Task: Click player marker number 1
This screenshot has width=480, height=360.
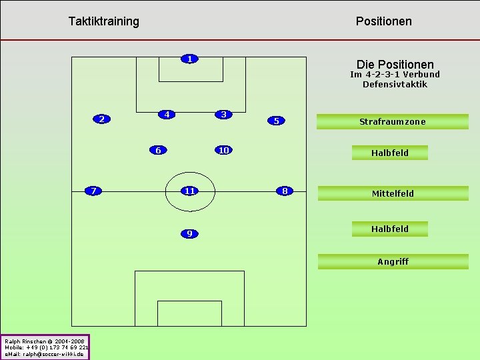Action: click(x=190, y=59)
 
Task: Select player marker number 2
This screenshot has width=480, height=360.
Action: click(x=101, y=119)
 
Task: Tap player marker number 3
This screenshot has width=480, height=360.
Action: click(x=225, y=114)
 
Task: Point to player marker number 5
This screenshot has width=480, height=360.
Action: click(x=276, y=121)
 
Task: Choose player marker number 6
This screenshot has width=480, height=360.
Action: click(x=158, y=150)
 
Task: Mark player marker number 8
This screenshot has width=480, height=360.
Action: click(x=285, y=191)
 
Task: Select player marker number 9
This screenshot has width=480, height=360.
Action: click(x=190, y=233)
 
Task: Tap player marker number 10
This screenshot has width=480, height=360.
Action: click(x=224, y=150)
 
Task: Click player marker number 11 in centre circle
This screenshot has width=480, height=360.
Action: click(x=190, y=191)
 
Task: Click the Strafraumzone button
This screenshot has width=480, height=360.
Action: click(x=393, y=121)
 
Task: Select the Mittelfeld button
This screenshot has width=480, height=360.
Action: click(x=393, y=193)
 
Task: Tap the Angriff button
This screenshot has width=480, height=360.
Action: click(x=393, y=261)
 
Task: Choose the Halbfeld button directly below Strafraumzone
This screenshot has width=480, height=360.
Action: click(x=390, y=153)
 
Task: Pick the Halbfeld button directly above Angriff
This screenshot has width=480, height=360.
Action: click(x=390, y=229)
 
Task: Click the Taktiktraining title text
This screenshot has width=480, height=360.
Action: click(x=104, y=21)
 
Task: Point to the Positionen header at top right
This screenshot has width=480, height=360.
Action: click(x=384, y=21)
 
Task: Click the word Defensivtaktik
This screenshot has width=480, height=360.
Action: click(x=395, y=84)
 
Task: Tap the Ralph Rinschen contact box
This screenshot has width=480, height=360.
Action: click(x=45, y=347)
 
